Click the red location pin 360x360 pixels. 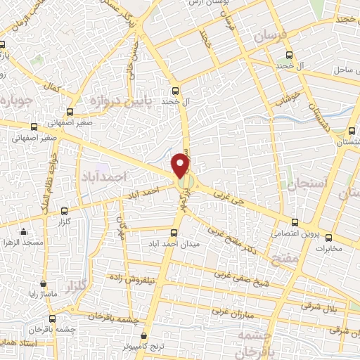pyautogui.click(x=181, y=165)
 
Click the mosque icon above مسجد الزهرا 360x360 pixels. pyautogui.click(x=25, y=231)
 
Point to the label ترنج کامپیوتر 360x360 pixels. pyautogui.click(x=143, y=347)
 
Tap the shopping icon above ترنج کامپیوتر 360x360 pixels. pyautogui.click(x=144, y=336)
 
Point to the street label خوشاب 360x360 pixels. pyautogui.click(x=288, y=96)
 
